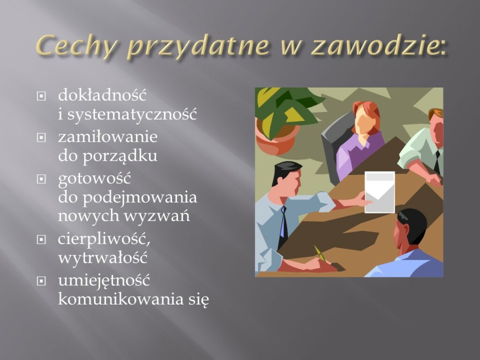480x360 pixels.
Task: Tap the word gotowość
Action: point(94,179)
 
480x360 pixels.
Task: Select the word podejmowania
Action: point(140,198)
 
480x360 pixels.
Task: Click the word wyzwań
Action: point(157,216)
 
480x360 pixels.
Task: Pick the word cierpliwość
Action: point(104,239)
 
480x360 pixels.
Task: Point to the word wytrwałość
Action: point(103,258)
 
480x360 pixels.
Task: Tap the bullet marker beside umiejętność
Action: point(41,281)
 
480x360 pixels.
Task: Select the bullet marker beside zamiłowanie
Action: point(41,137)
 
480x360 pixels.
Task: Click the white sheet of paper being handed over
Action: point(380,192)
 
